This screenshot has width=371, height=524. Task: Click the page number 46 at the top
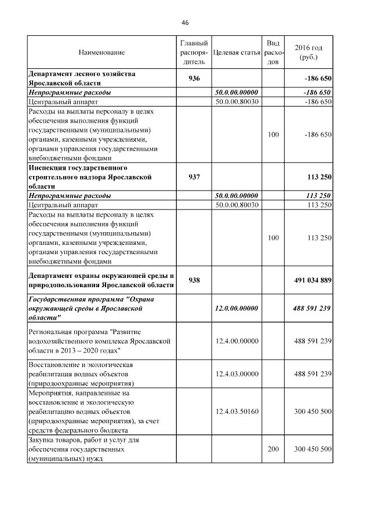pyautogui.click(x=185, y=23)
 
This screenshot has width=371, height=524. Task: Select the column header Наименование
pyautogui.click(x=101, y=53)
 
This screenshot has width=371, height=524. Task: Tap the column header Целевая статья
pyautogui.click(x=236, y=53)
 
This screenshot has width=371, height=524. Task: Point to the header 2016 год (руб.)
pyautogui.click(x=308, y=53)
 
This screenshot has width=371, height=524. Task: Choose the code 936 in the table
pyautogui.click(x=194, y=78)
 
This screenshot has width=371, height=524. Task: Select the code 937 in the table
pyautogui.click(x=194, y=177)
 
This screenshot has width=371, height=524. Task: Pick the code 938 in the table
pyautogui.click(x=194, y=280)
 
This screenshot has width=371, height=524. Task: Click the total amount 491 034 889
pyautogui.click(x=310, y=280)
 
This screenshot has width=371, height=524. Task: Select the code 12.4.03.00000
pyautogui.click(x=236, y=374)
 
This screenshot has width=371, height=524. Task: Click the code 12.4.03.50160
pyautogui.click(x=236, y=411)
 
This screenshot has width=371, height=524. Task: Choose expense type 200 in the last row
pyautogui.click(x=274, y=449)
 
